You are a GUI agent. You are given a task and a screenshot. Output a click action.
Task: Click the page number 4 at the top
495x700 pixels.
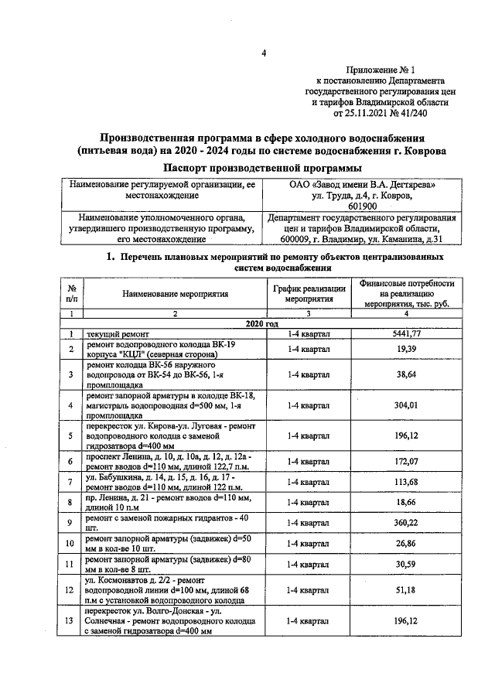263,53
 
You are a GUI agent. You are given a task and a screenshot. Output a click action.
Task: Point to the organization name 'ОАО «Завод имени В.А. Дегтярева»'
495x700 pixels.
362,186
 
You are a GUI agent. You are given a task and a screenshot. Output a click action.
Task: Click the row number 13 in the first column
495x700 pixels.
70,621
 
